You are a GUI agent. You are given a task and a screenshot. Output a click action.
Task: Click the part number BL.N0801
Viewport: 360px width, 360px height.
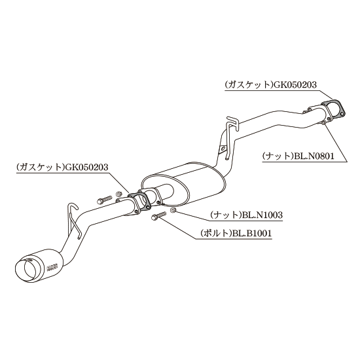313,156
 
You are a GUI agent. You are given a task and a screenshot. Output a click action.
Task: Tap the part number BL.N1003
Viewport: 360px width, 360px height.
262,215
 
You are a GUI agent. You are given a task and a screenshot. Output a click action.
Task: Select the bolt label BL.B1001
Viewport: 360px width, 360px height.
252,234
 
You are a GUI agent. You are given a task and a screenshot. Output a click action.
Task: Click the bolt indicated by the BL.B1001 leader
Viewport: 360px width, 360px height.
158,215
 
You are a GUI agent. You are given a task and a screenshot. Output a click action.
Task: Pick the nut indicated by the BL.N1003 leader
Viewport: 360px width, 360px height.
173,209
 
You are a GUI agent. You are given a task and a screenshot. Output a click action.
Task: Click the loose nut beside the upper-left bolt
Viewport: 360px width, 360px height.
119,194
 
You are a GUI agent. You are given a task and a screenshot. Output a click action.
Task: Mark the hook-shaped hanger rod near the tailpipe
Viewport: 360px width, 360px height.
74,220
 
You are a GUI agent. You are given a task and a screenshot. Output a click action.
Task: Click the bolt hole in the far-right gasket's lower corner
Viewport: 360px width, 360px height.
329,119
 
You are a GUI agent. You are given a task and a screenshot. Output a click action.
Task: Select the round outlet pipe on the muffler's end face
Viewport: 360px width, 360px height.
165,193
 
